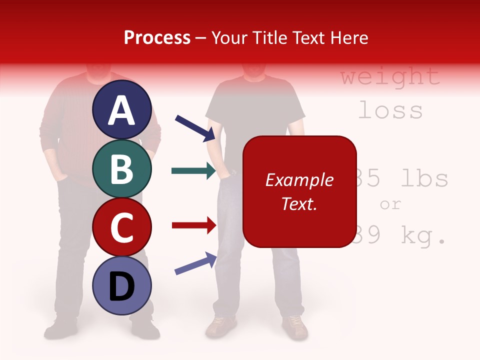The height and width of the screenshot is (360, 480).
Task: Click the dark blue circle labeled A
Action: click(x=121, y=109)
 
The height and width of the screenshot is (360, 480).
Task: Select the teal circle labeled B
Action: click(x=121, y=168)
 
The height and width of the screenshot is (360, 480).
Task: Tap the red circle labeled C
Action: click(x=121, y=227)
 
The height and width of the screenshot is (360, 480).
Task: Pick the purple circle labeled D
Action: click(x=121, y=286)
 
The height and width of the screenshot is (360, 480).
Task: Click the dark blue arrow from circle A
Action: click(x=194, y=127)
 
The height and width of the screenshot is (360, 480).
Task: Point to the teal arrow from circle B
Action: click(x=193, y=171)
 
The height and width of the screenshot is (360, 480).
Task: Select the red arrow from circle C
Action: click(x=193, y=225)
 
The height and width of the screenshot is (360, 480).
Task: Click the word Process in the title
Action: click(x=157, y=38)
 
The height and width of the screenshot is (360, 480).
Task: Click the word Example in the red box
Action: click(x=299, y=180)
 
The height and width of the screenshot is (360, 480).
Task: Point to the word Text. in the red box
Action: click(x=299, y=203)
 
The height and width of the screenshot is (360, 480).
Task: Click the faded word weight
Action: click(x=390, y=77)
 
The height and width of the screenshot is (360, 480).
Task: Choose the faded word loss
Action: click(x=390, y=110)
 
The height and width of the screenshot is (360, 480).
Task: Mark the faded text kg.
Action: click(x=424, y=236)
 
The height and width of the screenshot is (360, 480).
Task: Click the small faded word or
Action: click(x=390, y=204)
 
